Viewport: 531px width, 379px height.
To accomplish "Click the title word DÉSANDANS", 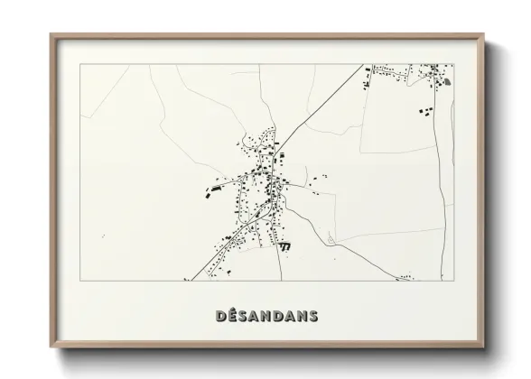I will (x=266, y=316).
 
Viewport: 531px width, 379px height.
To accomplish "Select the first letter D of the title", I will (x=222, y=316).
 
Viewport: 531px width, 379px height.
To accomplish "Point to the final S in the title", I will (x=312, y=316).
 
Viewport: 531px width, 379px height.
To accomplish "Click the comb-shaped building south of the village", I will (x=286, y=245).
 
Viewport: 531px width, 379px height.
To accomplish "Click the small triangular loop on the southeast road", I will (x=331, y=239).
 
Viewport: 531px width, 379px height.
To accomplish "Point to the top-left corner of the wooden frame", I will (x=51, y=34).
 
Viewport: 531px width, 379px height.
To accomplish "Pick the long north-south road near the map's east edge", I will (x=440, y=180).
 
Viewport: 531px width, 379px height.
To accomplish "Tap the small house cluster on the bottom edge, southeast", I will (x=406, y=277).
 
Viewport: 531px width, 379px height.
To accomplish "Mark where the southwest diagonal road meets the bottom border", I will (x=191, y=280).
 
